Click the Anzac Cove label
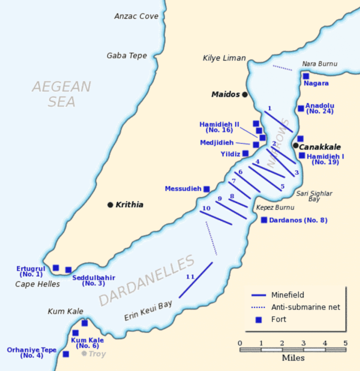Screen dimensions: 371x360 click(x=136, y=16)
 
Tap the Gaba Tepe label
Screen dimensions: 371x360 click(x=127, y=56)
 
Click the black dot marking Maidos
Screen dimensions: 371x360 click(x=245, y=95)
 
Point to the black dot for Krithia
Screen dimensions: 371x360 click(x=110, y=205)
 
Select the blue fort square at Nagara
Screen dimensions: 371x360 click(x=306, y=76)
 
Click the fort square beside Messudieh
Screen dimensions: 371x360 click(x=206, y=189)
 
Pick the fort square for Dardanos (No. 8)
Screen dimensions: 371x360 click(x=264, y=220)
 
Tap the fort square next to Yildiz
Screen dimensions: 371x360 click(x=245, y=154)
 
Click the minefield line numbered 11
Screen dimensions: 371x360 click(x=196, y=280)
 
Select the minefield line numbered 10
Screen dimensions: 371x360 click(x=216, y=218)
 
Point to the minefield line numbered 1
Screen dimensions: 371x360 click(x=278, y=122)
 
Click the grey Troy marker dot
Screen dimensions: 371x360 click(x=84, y=354)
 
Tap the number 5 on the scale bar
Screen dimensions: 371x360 click(x=345, y=343)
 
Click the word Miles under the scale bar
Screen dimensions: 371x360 click(x=293, y=358)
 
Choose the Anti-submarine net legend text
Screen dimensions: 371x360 click(x=305, y=307)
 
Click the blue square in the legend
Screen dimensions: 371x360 click(x=259, y=319)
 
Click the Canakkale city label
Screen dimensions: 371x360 click(x=320, y=147)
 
